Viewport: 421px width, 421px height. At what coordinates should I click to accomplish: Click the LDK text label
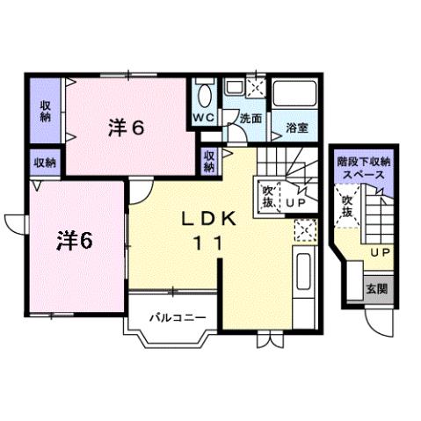pyautogui.click(x=208, y=220)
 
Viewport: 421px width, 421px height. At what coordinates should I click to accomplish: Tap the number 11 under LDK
pyautogui.click(x=208, y=247)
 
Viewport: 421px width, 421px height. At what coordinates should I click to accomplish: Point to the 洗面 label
pyautogui.click(x=251, y=118)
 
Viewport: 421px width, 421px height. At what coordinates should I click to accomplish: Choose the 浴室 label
pyautogui.click(x=296, y=128)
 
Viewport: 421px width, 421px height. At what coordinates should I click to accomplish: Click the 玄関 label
pyautogui.click(x=376, y=288)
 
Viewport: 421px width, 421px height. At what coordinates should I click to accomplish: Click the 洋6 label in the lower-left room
pyautogui.click(x=76, y=238)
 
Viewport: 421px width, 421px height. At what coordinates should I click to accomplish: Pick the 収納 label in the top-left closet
pyautogui.click(x=44, y=111)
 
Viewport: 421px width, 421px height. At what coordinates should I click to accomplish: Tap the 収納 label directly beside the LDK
pyautogui.click(x=208, y=161)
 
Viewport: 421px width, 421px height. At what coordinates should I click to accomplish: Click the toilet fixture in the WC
pyautogui.click(x=204, y=93)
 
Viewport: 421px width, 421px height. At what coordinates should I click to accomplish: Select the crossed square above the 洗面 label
pyautogui.click(x=256, y=87)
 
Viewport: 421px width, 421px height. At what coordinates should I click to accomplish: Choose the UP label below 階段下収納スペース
pyautogui.click(x=380, y=253)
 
